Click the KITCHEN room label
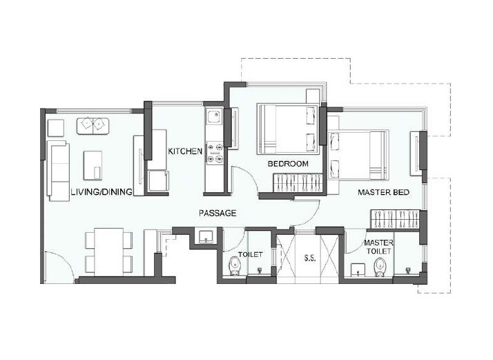(x=186, y=151)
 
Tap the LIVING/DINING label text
(x=101, y=192)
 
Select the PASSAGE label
(x=217, y=214)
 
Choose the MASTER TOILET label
(x=378, y=247)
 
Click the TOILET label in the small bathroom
(x=250, y=255)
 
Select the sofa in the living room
(x=58, y=170)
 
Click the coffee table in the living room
(x=93, y=165)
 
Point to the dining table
(x=108, y=252)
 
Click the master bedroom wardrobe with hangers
(x=395, y=218)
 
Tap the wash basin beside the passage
(x=205, y=237)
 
